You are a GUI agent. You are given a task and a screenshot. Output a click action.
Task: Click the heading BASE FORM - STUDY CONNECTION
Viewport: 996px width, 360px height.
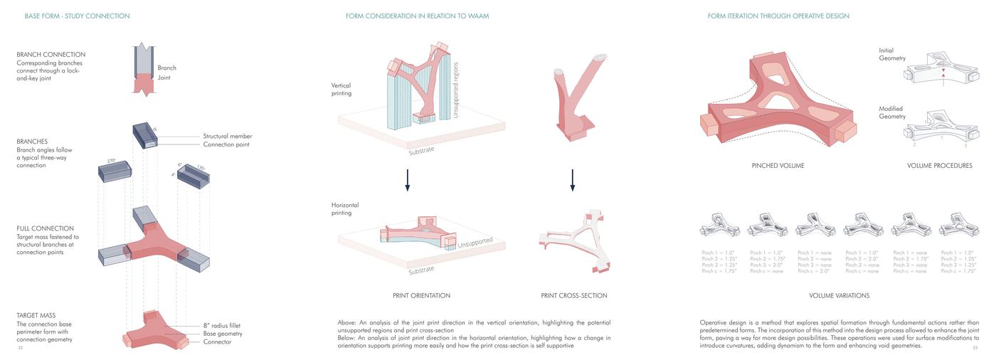point(77,16)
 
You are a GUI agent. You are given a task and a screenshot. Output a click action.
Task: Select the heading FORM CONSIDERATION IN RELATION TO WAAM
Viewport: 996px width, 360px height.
point(417,16)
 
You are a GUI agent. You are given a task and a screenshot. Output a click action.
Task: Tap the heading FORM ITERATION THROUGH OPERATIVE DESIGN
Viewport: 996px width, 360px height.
point(778,16)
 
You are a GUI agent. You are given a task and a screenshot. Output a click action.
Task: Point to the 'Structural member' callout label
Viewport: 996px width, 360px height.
point(228,136)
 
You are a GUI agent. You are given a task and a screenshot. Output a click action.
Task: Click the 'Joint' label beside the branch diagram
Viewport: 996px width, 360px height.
point(164,78)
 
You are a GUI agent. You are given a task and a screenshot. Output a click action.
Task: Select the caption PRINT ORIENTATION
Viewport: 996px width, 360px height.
point(421,295)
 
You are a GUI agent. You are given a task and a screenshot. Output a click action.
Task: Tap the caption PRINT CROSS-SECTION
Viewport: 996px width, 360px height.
point(573,295)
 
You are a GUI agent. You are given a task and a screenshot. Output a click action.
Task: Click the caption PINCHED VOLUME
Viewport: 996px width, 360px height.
point(778,166)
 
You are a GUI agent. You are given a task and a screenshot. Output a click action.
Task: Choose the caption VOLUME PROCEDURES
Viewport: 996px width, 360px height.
point(940,166)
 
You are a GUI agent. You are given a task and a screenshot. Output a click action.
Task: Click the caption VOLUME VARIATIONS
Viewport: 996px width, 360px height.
point(839,295)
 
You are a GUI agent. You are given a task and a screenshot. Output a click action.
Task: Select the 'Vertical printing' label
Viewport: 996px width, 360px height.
point(341,89)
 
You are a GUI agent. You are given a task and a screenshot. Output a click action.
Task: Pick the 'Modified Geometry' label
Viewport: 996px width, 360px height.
point(892,112)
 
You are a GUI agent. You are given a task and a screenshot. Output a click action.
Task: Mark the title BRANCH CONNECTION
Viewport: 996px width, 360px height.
point(51,55)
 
